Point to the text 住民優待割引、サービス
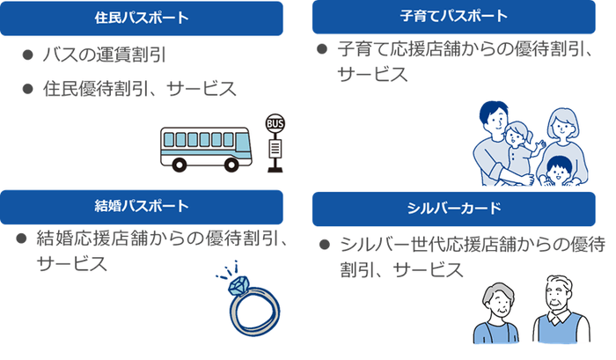tap(140, 89)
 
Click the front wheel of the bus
tap(181, 163)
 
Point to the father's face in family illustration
tap(495, 120)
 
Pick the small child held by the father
tap(519, 141)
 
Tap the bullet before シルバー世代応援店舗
tap(324, 244)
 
